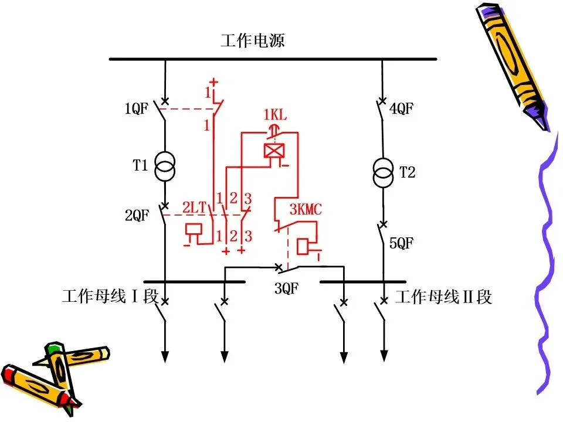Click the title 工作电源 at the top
coord(253,41)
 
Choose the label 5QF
coord(402,243)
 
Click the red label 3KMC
coord(305,209)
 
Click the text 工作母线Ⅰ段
coord(110,297)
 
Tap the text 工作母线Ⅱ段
coord(443,297)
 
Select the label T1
coord(140,165)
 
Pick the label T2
coord(407,172)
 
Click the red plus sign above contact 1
coord(214,82)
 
